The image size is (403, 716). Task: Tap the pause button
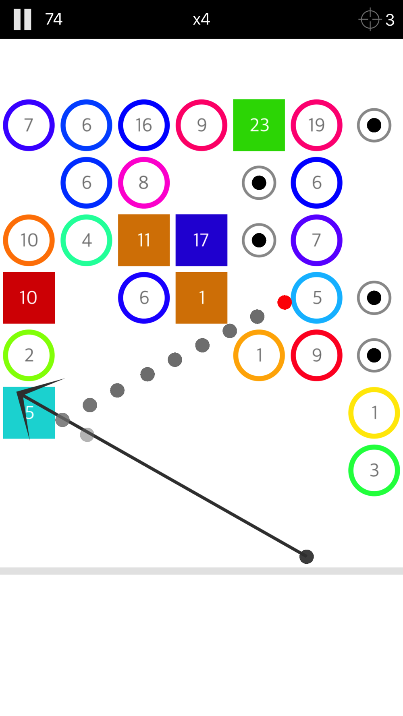point(22,19)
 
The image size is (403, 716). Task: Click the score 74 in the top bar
point(54,19)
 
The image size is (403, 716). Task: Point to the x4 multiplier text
point(201,19)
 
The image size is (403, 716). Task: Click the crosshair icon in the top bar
point(370,19)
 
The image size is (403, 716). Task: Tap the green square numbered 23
point(259,125)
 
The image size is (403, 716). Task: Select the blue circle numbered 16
point(144,125)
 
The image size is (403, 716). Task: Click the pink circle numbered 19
point(316,125)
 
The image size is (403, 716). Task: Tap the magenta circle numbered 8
point(144,183)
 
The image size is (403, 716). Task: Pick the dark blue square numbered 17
point(201,240)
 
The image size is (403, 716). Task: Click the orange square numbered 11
point(144,240)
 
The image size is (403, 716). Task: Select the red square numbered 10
point(29,298)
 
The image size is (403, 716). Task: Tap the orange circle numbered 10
point(29,240)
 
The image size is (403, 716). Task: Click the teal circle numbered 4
point(86,240)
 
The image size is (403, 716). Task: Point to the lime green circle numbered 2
point(29,356)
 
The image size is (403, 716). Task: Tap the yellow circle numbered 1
point(374,413)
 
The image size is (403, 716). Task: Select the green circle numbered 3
point(374,470)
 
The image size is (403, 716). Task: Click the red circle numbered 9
point(316,356)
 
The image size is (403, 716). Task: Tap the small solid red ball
point(285,302)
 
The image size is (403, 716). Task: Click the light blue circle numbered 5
point(316,298)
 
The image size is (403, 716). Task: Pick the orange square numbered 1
point(201,298)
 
